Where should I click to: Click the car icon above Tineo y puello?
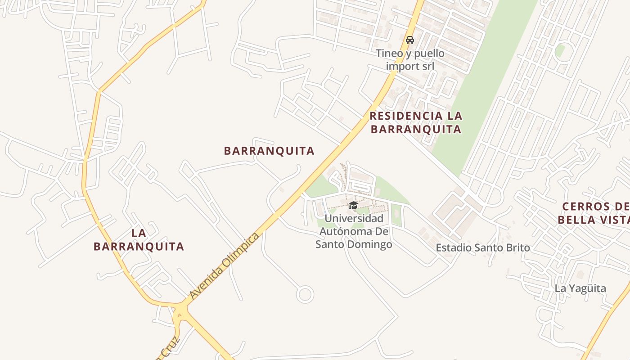click(410, 40)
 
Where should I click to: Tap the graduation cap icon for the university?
click(354, 206)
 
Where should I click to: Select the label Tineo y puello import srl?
click(410, 60)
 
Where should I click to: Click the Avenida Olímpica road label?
click(225, 266)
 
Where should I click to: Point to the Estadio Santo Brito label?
click(483, 247)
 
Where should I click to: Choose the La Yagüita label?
click(580, 288)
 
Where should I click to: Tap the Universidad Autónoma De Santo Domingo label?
click(354, 231)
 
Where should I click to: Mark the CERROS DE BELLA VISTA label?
click(593, 213)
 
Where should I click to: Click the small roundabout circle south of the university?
click(305, 295)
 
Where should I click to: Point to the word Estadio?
click(454, 247)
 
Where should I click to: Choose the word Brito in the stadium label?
click(517, 247)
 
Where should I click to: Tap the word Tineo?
click(390, 54)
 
